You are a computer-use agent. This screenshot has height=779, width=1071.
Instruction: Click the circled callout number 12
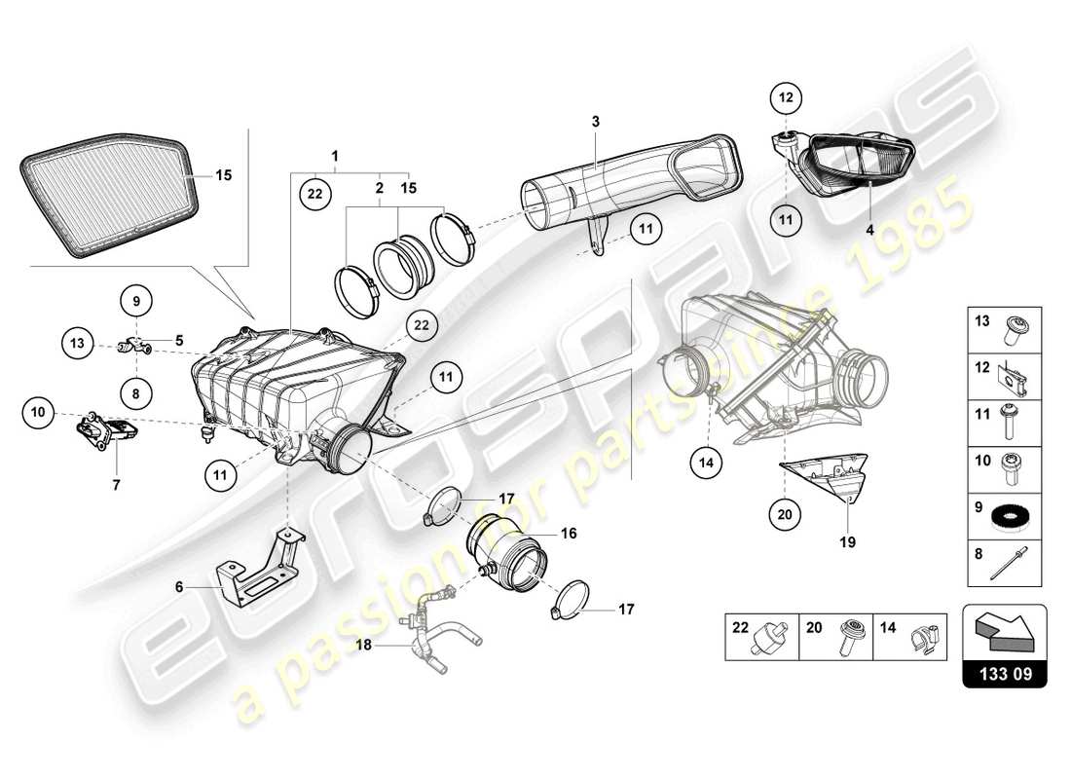(786, 97)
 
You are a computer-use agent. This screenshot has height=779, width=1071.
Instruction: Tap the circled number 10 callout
(37, 413)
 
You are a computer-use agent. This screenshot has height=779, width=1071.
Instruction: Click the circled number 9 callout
(136, 300)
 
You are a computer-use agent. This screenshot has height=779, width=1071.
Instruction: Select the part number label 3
(596, 121)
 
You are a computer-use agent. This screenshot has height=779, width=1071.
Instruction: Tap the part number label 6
(179, 587)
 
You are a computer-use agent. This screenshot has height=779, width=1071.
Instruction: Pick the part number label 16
(569, 534)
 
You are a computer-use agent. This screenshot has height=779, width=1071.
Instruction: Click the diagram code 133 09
(1004, 673)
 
